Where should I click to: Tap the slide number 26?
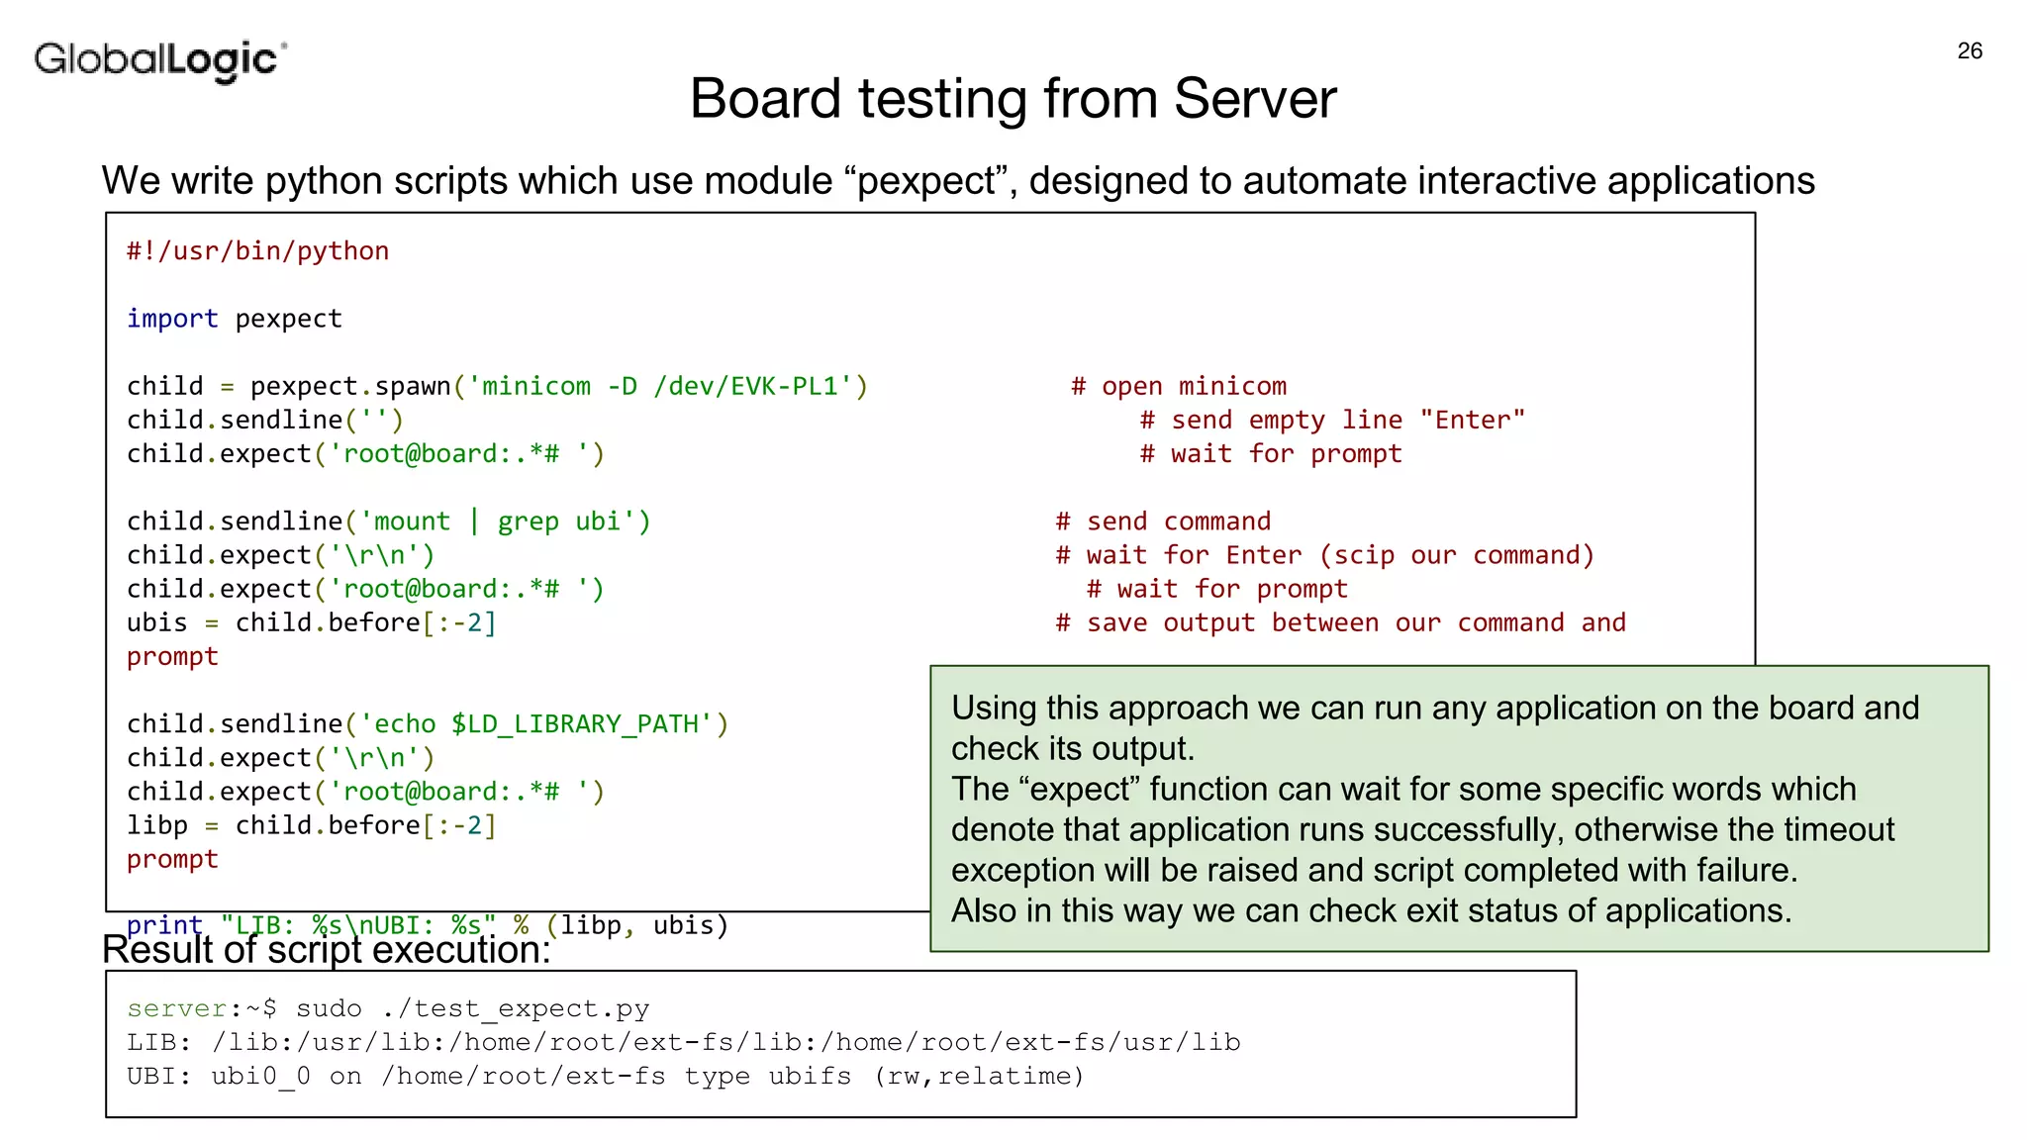pyautogui.click(x=1970, y=51)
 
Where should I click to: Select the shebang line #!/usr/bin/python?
pyautogui.click(x=257, y=251)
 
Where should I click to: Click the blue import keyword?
pyautogui.click(x=172, y=319)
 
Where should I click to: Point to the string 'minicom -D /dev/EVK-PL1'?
pyautogui.click(x=660, y=386)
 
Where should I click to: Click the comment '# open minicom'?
pyautogui.click(x=1179, y=386)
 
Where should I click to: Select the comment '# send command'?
pyautogui.click(x=1163, y=522)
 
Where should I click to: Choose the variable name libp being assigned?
pyautogui.click(x=156, y=825)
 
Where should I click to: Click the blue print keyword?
pyautogui.click(x=164, y=925)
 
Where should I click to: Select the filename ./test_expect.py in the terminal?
pyautogui.click(x=515, y=1009)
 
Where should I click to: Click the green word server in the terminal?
pyautogui.click(x=177, y=1009)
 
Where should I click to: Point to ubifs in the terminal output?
pyautogui.click(x=810, y=1077)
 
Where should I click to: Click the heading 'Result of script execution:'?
pyautogui.click(x=327, y=951)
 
